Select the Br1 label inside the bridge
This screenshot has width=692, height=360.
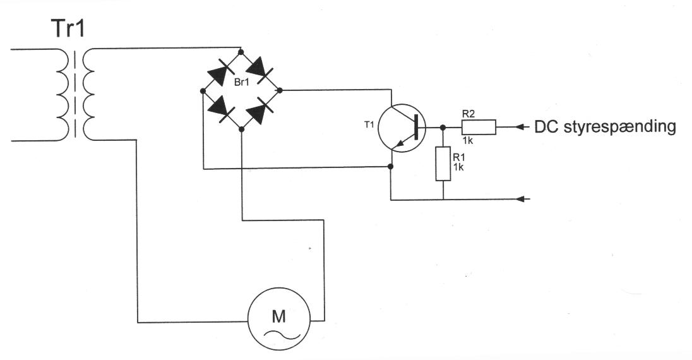tap(241, 82)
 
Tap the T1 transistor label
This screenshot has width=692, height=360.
tap(369, 125)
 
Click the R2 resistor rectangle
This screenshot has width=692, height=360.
tap(479, 127)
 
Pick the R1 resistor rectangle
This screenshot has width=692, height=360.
tap(443, 164)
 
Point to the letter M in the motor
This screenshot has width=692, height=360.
tap(278, 316)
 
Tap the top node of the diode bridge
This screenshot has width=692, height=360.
tap(241, 52)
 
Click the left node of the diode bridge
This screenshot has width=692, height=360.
tap(203, 91)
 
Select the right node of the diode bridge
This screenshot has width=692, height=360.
tap(279, 90)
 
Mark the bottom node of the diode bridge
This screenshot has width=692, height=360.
tap(241, 129)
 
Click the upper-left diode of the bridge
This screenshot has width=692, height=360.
tap(222, 73)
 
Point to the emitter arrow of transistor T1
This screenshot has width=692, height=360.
tap(400, 142)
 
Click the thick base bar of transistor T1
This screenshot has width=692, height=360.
tap(415, 127)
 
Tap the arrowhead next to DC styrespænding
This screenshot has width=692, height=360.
tap(522, 127)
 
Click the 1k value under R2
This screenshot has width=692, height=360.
tap(468, 141)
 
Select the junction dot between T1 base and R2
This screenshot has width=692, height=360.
tap(443, 127)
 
